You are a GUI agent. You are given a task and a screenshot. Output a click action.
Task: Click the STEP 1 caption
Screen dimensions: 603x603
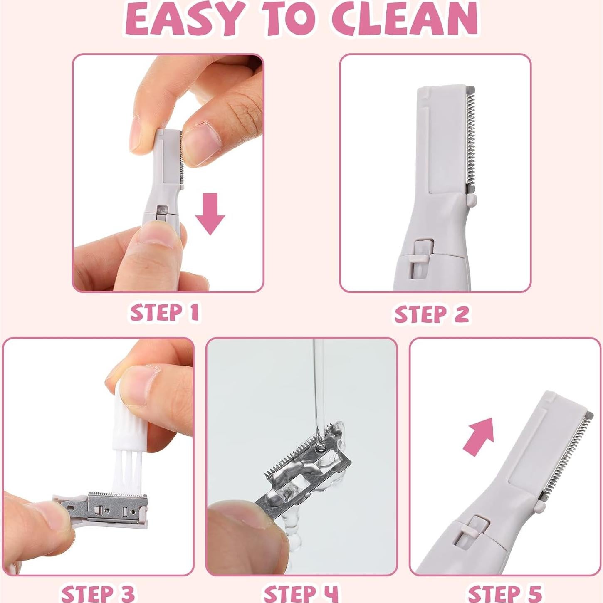(164, 313)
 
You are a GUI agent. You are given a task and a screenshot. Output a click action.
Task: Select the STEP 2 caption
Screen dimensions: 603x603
(432, 314)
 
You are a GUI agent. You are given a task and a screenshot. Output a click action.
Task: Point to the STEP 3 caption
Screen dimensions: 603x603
(98, 593)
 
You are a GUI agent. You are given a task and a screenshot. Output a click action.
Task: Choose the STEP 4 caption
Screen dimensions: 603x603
(301, 593)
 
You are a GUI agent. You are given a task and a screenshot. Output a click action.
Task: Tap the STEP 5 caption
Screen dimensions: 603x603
(505, 593)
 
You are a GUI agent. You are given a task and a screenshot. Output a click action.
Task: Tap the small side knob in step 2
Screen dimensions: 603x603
(471, 201)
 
